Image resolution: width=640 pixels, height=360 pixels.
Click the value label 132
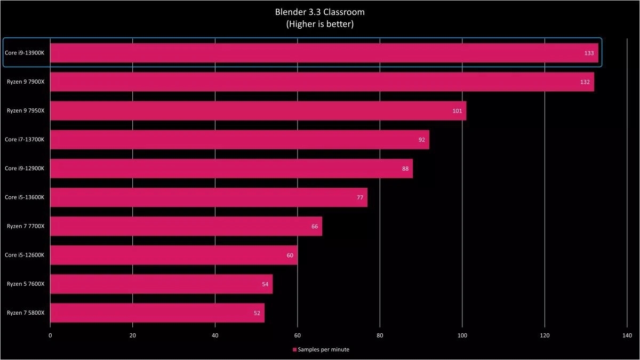(x=585, y=82)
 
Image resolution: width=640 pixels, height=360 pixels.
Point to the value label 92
(x=422, y=140)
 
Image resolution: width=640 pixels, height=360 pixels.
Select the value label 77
(x=360, y=197)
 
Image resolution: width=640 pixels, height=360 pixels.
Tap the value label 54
(x=265, y=284)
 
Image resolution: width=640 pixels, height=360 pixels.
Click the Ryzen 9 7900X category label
(x=26, y=82)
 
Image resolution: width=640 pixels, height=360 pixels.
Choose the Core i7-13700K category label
(x=25, y=139)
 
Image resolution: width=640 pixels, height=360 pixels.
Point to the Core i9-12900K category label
(x=25, y=168)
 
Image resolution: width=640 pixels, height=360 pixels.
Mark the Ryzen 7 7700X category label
(x=26, y=226)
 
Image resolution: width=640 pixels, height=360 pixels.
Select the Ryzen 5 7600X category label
(x=26, y=284)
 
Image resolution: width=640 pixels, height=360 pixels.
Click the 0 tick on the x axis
(x=50, y=335)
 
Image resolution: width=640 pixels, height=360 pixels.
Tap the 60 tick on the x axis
(x=298, y=335)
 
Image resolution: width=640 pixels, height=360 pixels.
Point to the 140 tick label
(x=627, y=335)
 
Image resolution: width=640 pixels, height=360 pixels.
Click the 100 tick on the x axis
(x=462, y=335)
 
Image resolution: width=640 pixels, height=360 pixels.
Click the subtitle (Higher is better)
(x=320, y=24)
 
